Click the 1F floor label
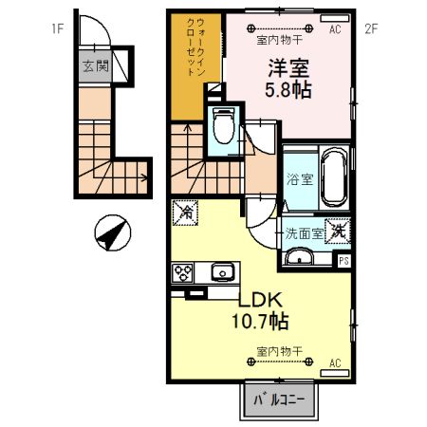point(57,29)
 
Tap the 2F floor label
point(372,29)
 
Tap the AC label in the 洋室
point(334,29)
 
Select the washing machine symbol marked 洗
point(339,229)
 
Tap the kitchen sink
point(223,273)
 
